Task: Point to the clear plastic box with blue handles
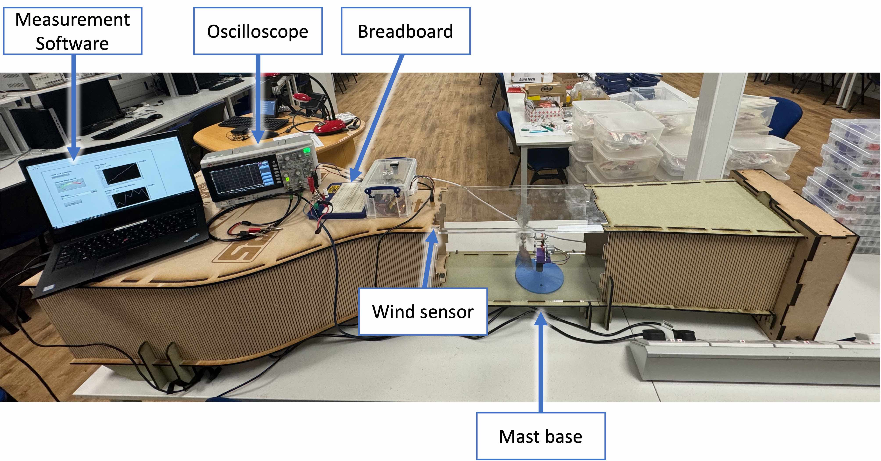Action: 390,188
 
